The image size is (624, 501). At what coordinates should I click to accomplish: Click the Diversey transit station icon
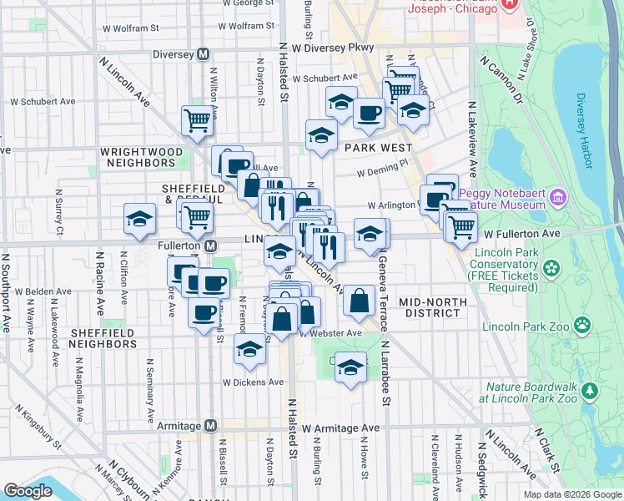point(202,54)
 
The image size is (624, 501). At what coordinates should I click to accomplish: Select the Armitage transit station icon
point(211,426)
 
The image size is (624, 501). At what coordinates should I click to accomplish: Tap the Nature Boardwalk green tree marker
point(591,390)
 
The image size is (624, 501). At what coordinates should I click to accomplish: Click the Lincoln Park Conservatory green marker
point(551,268)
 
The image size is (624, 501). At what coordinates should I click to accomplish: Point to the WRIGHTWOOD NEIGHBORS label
point(141,153)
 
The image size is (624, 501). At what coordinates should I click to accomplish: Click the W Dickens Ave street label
point(253,382)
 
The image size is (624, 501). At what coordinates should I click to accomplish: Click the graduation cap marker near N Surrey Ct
point(139,220)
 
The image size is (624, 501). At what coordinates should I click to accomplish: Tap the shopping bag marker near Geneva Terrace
point(359,301)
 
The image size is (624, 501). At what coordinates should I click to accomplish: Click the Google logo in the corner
point(28,491)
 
